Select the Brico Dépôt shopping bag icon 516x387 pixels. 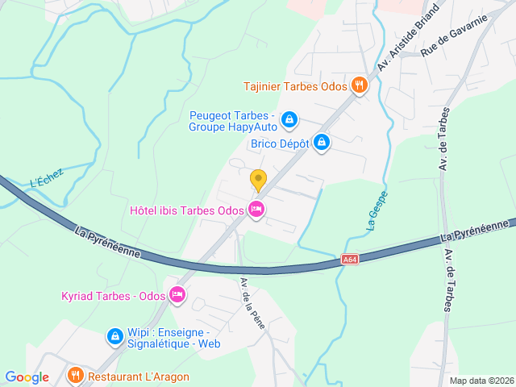322,143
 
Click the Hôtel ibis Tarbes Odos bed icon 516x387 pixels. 256,210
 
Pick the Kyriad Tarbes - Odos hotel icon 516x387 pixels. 177,296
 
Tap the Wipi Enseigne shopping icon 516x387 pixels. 115,335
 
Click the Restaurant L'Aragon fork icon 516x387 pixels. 75,376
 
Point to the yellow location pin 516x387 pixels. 258,179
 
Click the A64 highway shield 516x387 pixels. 349,259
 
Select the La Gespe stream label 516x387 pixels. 377,210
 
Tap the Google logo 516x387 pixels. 27,377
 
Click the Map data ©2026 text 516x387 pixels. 481,381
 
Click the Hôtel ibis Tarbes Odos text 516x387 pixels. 187,210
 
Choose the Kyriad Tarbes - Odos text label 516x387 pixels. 113,296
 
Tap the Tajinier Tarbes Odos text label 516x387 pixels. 296,85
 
